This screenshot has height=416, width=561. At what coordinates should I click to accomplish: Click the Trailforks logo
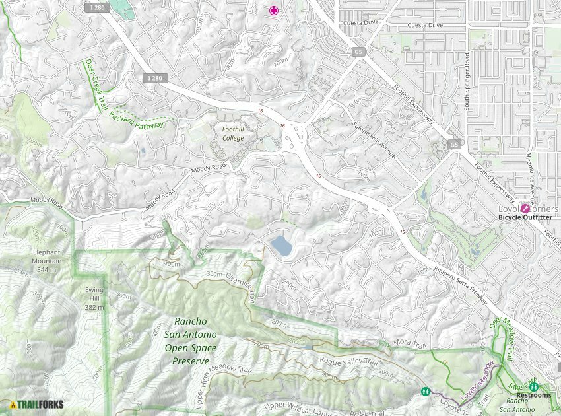pos(37,404)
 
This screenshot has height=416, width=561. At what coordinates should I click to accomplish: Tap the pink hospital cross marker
pos(273,10)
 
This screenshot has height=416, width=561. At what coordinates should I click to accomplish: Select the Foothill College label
pos(232,134)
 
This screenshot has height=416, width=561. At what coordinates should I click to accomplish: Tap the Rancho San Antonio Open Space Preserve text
pos(191,341)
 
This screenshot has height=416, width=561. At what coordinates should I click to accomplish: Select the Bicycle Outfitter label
pos(527,217)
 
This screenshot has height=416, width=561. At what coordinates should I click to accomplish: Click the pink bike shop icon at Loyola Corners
pos(526,208)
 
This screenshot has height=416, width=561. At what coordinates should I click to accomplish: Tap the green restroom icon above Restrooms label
pos(533,386)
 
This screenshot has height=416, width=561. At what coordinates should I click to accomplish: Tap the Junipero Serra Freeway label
pos(461,283)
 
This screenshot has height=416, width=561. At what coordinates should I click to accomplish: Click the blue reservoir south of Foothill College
pos(281,246)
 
